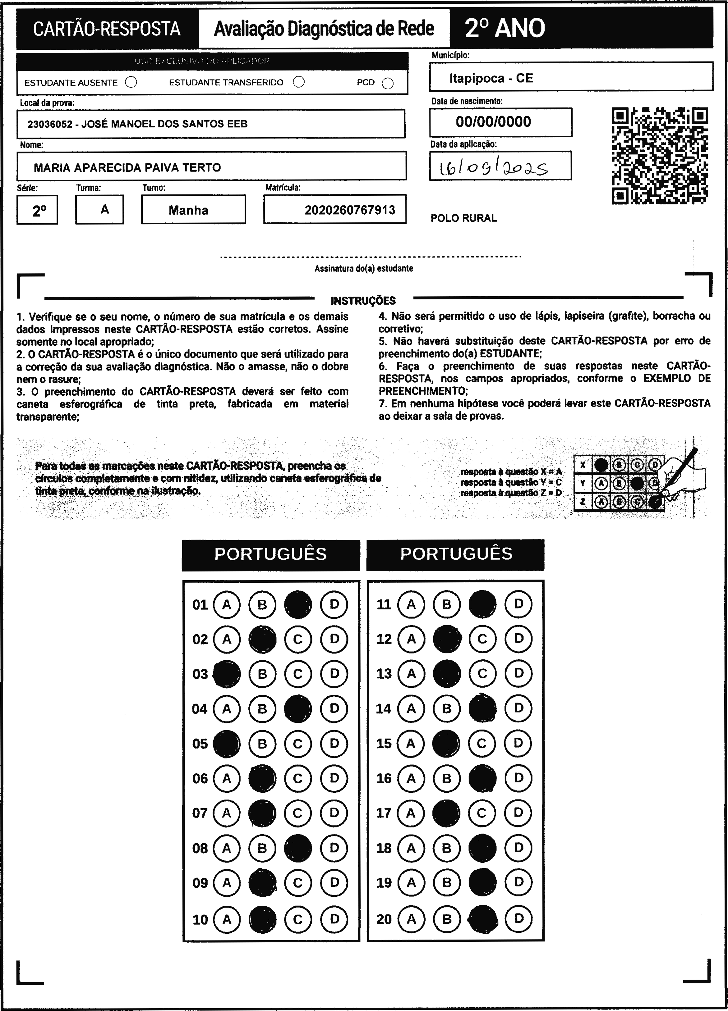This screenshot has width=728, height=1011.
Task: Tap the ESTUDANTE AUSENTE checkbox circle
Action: pos(131,83)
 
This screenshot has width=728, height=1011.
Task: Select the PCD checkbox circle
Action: pos(388,83)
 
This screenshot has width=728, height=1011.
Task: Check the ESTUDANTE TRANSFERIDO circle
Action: pos(299,82)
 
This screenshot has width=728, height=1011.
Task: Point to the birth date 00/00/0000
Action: pos(493,122)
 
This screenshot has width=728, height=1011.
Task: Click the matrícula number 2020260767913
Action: pos(350,210)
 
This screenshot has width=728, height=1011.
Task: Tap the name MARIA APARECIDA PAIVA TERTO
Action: pos(127,168)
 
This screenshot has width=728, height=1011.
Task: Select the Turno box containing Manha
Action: pos(193,210)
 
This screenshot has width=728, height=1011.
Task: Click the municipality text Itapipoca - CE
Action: pos(491,79)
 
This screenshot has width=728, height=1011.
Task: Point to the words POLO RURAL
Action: pos(463,218)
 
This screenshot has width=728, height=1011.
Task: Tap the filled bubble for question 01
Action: pos(298,604)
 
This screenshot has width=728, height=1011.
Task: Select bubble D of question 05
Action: pos(334,744)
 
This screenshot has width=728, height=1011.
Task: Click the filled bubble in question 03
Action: pos(227,674)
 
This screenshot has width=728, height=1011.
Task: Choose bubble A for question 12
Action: pos(411,639)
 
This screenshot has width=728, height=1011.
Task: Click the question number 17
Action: pos(384,813)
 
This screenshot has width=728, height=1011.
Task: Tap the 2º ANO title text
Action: pos(505,29)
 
